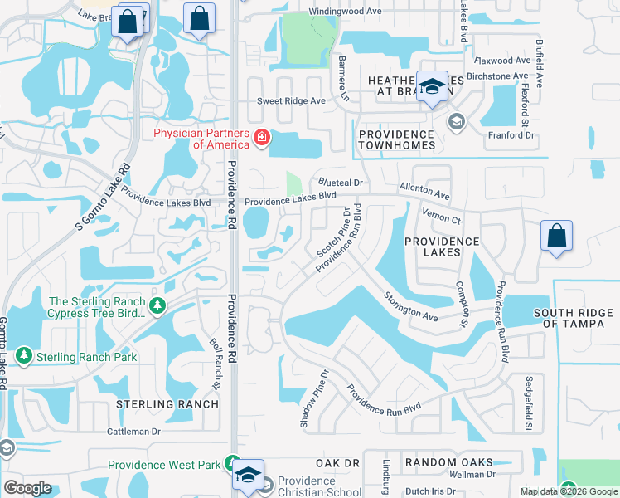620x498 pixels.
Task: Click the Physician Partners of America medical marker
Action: pyautogui.click(x=262, y=137)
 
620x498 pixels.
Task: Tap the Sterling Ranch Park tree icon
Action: pyautogui.click(x=24, y=356)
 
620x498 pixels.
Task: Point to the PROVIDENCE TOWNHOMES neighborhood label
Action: pyautogui.click(x=396, y=139)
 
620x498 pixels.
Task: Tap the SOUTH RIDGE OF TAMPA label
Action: pyautogui.click(x=574, y=318)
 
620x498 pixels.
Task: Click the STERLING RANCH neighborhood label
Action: pyautogui.click(x=167, y=404)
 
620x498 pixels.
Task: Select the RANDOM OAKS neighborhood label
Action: pyautogui.click(x=448, y=462)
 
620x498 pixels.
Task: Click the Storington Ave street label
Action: pyautogui.click(x=410, y=305)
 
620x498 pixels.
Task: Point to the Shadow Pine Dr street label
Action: pyautogui.click(x=313, y=398)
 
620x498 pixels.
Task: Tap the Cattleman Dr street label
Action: pyautogui.click(x=133, y=432)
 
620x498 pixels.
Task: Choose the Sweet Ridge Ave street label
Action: pyautogui.click(x=291, y=100)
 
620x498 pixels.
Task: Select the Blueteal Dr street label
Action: pyautogui.click(x=341, y=183)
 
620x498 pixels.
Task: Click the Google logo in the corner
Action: pyautogui.click(x=27, y=488)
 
